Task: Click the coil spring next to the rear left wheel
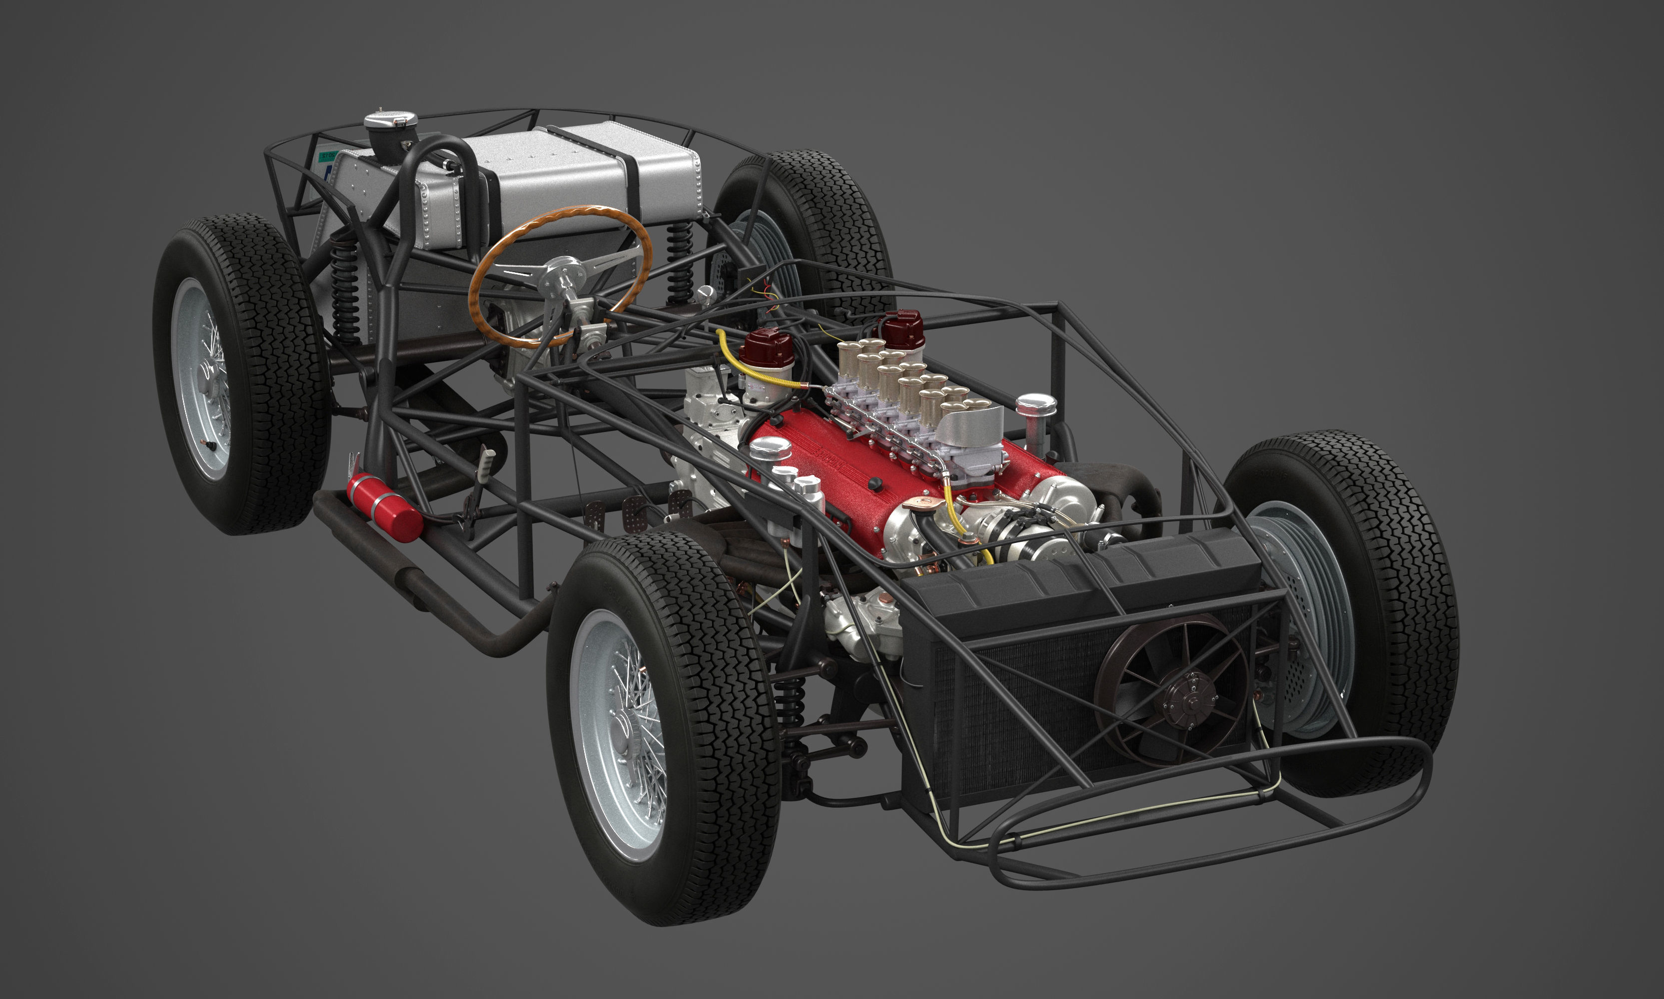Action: click(x=345, y=290)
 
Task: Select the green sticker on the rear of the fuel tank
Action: click(x=327, y=156)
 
